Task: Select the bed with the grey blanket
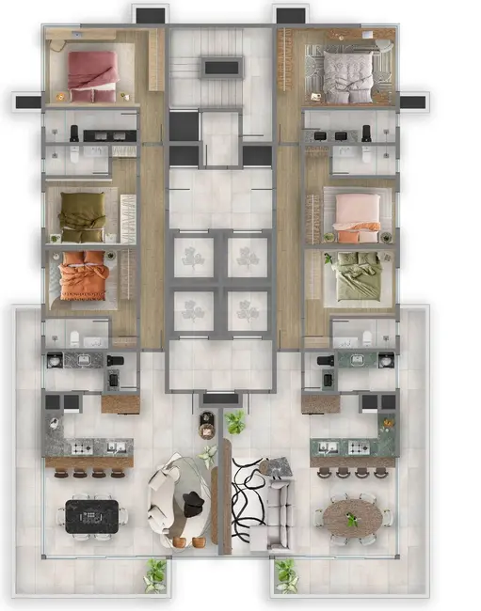[x=348, y=75]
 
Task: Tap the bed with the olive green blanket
[x=83, y=217]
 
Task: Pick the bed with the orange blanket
[x=84, y=275]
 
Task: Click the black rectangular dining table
[x=91, y=516]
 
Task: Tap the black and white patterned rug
[x=249, y=503]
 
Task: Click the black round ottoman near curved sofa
[x=192, y=504]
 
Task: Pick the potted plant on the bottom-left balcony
[x=154, y=574]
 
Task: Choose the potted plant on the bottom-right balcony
[x=285, y=574]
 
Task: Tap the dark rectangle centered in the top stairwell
[x=222, y=67]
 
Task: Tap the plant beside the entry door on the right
[x=235, y=422]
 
